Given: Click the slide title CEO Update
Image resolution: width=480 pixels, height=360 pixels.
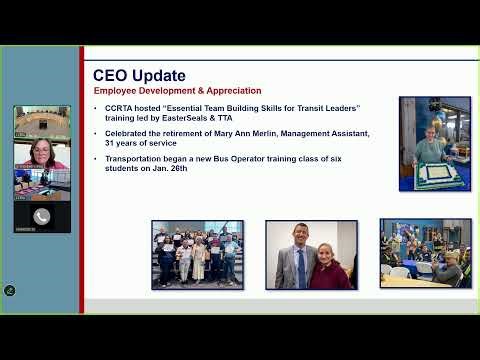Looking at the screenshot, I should pos(139,75).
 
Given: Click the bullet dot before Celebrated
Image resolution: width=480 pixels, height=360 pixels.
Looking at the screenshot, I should pos(96,133).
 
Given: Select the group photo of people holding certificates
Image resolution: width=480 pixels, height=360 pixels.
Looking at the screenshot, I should pos(196,254).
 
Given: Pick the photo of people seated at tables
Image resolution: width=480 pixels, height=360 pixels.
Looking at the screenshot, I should pos(425,254).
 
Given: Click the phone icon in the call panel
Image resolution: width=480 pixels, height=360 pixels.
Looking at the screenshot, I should pos(42,215).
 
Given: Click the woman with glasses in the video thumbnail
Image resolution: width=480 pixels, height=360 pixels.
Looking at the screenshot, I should pos(41,154).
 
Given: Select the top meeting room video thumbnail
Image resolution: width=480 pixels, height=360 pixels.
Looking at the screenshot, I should pos(41,120).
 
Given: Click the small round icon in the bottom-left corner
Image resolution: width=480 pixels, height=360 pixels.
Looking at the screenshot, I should pos(10,291).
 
